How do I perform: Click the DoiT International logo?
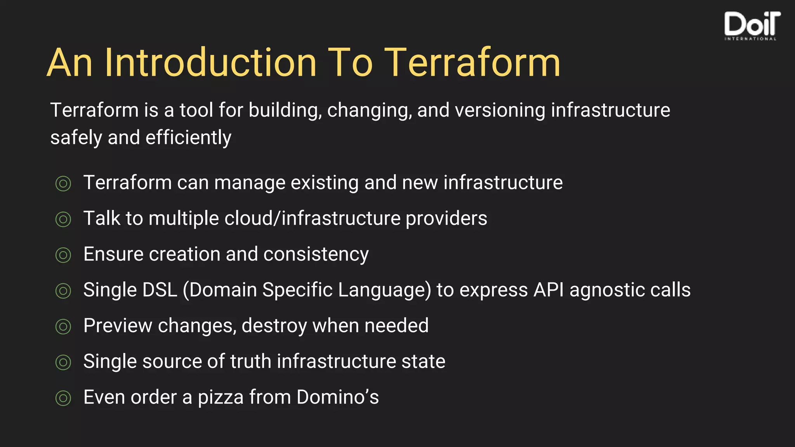point(752,26)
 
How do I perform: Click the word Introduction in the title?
point(210,63)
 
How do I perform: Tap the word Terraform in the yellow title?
point(472,63)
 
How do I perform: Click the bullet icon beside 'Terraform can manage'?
point(63,184)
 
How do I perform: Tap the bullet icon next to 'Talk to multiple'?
point(63,219)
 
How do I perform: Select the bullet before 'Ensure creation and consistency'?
point(63,255)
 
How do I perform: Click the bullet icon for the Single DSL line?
point(63,291)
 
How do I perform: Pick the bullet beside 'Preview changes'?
point(63,326)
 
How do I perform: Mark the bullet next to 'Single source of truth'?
point(63,362)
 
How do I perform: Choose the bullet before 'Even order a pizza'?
point(63,398)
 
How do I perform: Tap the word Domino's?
point(337,397)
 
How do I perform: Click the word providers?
point(446,218)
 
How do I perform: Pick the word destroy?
point(274,326)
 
